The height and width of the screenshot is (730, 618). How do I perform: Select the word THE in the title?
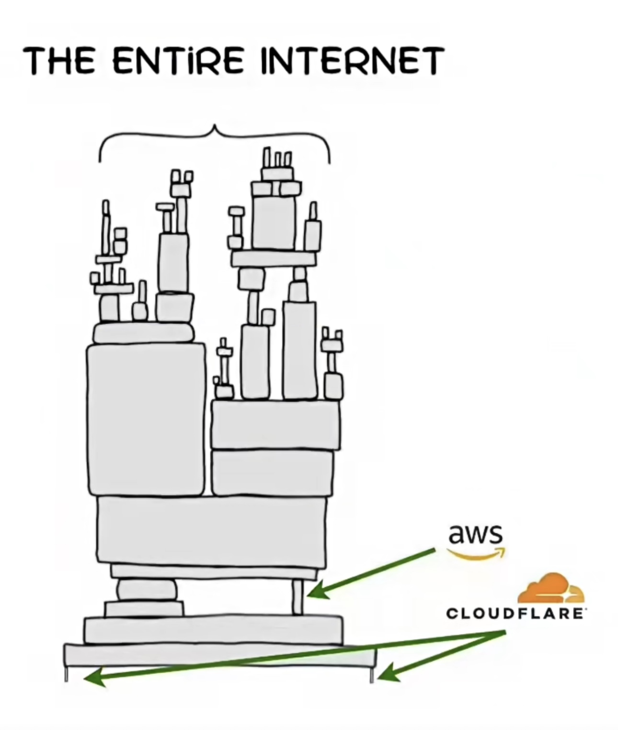tap(59, 61)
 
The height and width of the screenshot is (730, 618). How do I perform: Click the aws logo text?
tap(475, 534)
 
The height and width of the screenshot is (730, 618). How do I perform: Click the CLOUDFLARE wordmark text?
tap(515, 614)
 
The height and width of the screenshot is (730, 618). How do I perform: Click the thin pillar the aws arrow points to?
tap(298, 596)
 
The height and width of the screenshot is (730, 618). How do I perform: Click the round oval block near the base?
tap(147, 589)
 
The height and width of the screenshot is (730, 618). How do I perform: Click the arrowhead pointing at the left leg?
tap(93, 677)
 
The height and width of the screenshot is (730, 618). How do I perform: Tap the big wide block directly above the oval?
tap(212, 530)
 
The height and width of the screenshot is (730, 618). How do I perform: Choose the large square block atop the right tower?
tap(274, 223)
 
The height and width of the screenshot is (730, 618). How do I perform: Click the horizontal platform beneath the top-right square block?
tap(274, 259)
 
